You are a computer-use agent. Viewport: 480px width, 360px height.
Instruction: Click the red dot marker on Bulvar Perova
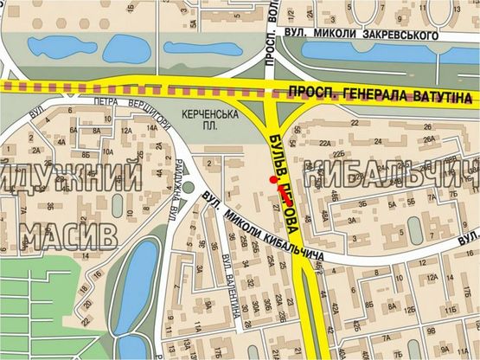click(x=272, y=180)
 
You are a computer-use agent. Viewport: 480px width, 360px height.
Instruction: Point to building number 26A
click(x=429, y=138)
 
